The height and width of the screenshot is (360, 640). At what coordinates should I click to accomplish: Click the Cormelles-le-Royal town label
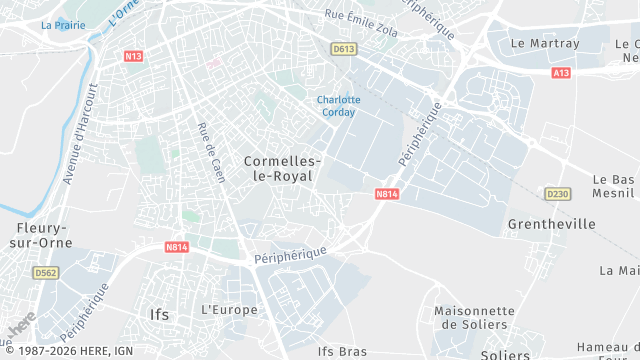pyautogui.click(x=282, y=168)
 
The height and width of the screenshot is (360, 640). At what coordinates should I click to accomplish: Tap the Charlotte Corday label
pyautogui.click(x=338, y=106)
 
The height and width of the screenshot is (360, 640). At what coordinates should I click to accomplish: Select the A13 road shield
pyautogui.click(x=562, y=73)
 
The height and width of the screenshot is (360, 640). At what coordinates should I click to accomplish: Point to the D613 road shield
pyautogui.click(x=344, y=48)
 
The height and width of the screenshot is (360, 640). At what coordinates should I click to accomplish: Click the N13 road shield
pyautogui.click(x=134, y=56)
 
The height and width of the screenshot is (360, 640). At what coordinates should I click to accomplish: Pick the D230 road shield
pyautogui.click(x=557, y=193)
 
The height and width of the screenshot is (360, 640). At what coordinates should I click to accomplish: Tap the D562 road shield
pyautogui.click(x=45, y=272)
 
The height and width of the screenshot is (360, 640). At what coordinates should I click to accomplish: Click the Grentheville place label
pyautogui.click(x=552, y=223)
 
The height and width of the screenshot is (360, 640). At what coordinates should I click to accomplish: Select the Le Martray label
pyautogui.click(x=545, y=44)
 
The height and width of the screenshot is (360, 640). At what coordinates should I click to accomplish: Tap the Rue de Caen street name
pyautogui.click(x=211, y=152)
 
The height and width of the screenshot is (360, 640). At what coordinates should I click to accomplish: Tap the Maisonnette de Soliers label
pyautogui.click(x=474, y=317)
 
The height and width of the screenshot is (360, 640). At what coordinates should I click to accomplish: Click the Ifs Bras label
pyautogui.click(x=342, y=351)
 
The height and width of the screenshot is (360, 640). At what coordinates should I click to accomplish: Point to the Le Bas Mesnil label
pyautogui.click(x=614, y=186)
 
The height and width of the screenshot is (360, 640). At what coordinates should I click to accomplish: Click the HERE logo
pyautogui.click(x=20, y=323)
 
